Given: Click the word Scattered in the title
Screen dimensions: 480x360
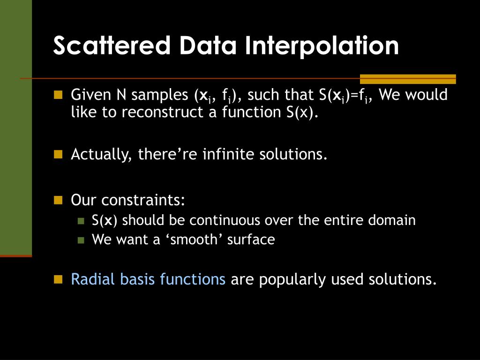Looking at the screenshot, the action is (x=112, y=45).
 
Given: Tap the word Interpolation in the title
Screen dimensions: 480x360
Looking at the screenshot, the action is (x=322, y=46).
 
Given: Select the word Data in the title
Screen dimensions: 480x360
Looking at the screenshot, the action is (x=208, y=45).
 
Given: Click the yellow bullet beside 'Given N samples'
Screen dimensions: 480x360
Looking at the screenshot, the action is (x=58, y=95).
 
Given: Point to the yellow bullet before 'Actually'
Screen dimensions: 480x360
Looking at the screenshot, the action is (x=58, y=154).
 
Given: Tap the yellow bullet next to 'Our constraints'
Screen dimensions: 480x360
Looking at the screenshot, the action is (x=58, y=200).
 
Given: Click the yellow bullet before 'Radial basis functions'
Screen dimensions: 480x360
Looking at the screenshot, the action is (x=58, y=279).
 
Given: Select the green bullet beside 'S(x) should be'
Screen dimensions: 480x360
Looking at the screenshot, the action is (x=81, y=221).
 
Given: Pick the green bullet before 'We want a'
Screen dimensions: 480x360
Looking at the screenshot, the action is (x=81, y=240).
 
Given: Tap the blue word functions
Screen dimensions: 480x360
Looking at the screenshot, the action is (x=193, y=279).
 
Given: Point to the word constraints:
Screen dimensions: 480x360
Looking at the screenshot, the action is (x=143, y=200).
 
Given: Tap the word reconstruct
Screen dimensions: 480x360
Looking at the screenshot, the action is (x=163, y=112).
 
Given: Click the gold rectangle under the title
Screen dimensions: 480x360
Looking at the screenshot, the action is (x=408, y=79).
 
